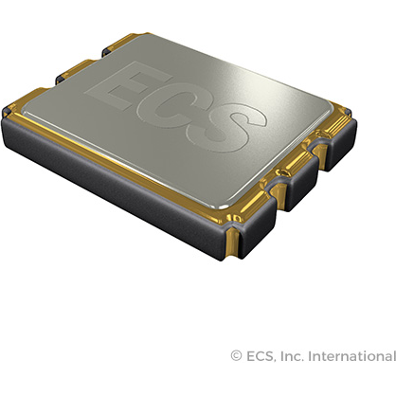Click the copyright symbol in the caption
tap(236, 356)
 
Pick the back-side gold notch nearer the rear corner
tap(102, 45)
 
